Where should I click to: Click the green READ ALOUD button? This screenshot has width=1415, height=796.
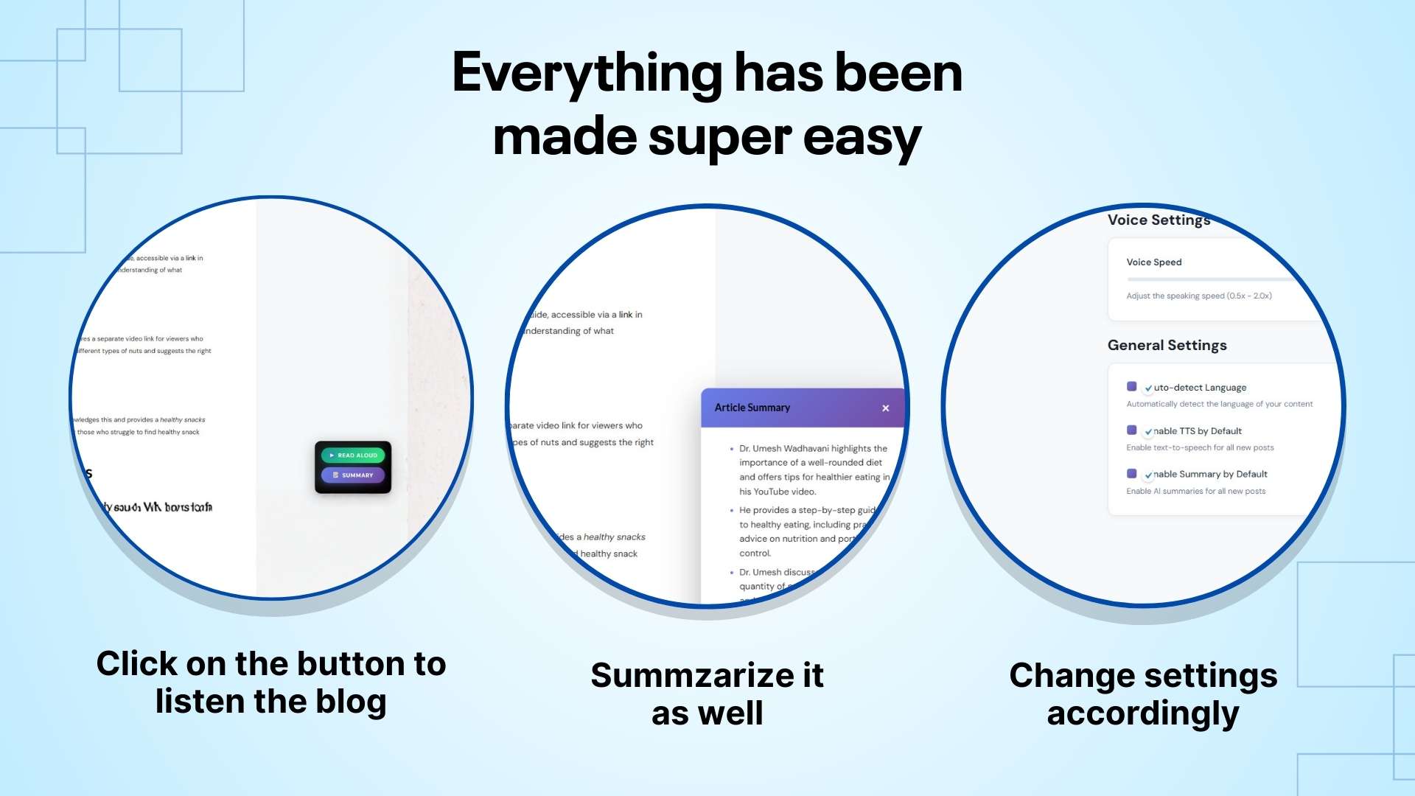point(353,455)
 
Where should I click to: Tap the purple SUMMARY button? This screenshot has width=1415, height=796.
point(353,475)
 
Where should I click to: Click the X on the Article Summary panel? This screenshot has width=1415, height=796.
point(886,408)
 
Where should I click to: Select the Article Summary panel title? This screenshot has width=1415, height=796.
point(752,408)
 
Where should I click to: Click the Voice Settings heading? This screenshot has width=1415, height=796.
point(1159,220)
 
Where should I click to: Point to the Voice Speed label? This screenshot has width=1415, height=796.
point(1153,262)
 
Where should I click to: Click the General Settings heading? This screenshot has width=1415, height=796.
point(1167,346)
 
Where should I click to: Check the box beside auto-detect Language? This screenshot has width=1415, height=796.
point(1132,387)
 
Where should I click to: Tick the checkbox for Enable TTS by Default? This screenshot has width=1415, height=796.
point(1132,430)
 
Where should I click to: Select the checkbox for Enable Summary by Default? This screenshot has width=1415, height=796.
point(1132,474)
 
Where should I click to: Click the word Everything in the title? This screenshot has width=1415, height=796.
point(587,74)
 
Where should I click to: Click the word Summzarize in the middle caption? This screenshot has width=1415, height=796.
point(691,676)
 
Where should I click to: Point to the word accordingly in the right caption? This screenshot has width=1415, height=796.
point(1143,714)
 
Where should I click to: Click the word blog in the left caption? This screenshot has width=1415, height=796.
point(351,702)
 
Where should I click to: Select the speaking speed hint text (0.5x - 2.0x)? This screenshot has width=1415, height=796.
point(1198,296)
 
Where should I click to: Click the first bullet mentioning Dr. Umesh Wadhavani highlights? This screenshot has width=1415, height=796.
point(813,469)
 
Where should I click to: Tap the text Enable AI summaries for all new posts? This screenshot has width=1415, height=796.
point(1195,492)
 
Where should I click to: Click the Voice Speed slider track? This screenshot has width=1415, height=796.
point(1209,279)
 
